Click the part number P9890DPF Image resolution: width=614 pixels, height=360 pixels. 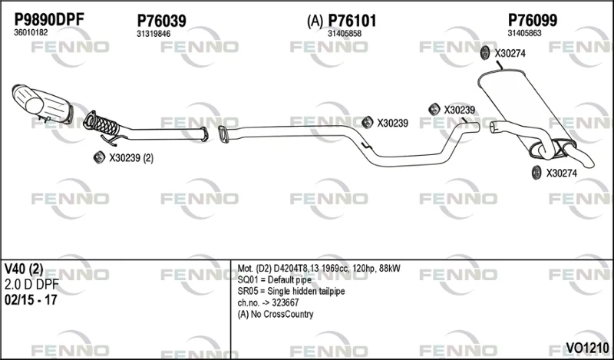49,19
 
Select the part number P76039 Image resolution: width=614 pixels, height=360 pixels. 161,21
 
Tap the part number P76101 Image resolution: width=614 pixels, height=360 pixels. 352,21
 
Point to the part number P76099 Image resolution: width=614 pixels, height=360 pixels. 533,20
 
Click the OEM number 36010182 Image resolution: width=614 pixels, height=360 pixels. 31,33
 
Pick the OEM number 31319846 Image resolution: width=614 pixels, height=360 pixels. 153,34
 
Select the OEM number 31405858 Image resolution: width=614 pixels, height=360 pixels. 345,34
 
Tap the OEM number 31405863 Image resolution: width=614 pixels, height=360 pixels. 525,33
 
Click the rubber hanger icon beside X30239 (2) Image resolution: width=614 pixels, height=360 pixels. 100,157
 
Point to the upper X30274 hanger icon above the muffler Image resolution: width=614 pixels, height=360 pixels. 485,53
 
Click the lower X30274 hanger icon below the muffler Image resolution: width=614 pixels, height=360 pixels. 536,173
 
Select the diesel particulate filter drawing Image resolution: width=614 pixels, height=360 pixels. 42,104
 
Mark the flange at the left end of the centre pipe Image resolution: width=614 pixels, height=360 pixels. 223,134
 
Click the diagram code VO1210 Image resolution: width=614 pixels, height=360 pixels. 587,347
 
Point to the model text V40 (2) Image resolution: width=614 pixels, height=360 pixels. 24,269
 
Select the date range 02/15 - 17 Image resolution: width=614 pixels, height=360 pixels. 31,300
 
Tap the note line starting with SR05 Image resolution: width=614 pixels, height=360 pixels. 291,292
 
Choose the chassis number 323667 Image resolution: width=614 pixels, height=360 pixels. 285,302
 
